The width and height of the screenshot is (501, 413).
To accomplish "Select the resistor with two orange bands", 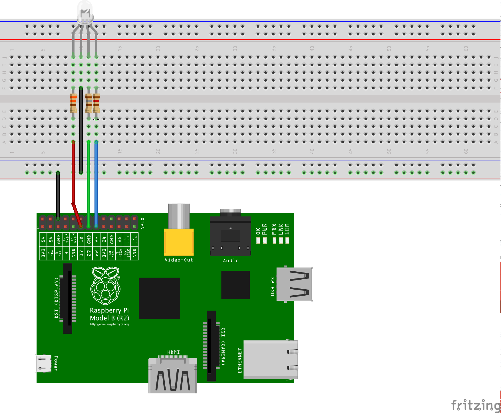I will coord(73,103).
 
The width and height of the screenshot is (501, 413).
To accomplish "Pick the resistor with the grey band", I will coord(88,103).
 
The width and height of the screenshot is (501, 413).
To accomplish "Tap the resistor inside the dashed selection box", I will coord(96,103).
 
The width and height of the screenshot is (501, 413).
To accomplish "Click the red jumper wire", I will coord(73,171).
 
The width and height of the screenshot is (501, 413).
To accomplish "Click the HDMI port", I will coord(173,376).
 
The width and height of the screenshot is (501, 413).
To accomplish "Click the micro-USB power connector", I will coord(44,364).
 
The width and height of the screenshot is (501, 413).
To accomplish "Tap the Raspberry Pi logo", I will coord(105,286).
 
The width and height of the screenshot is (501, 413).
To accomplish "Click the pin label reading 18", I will coord(81,239).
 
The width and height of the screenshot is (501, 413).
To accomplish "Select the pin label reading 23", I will coord(96,239).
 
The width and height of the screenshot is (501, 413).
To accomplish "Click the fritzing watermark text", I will coord(476,405).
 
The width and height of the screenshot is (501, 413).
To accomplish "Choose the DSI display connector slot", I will coord(68,298).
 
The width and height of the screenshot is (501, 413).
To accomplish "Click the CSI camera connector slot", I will coord(211,346).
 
